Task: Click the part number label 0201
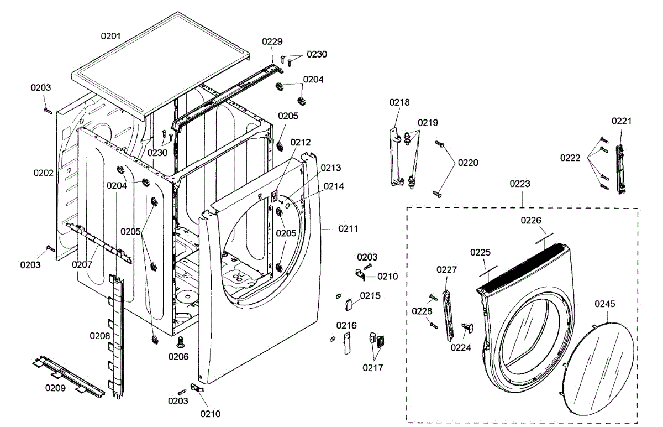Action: click(110, 36)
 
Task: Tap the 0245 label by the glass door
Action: click(605, 304)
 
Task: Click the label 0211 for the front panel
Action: click(348, 228)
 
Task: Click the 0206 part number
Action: click(178, 357)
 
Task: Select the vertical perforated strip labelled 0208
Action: click(117, 337)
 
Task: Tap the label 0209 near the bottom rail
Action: click(55, 388)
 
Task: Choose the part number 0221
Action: click(622, 121)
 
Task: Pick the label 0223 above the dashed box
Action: click(520, 184)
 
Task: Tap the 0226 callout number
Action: click(531, 220)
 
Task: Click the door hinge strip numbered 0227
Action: click(448, 310)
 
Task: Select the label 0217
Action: click(373, 367)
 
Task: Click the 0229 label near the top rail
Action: click(272, 41)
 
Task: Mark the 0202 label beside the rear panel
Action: click(43, 173)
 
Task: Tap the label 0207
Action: click(81, 264)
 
